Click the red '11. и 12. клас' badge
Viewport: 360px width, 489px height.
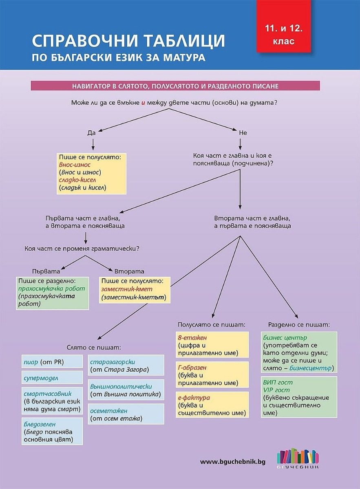283,26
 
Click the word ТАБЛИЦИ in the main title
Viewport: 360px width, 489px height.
184,41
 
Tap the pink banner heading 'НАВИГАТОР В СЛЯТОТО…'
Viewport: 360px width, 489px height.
175,86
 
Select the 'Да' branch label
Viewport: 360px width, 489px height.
91,133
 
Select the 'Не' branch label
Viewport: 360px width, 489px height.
243,133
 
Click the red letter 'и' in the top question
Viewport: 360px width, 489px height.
143,103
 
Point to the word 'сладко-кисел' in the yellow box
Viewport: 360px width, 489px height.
77,180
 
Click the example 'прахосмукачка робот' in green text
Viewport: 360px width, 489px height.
51,289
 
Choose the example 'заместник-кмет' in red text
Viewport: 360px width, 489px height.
127,289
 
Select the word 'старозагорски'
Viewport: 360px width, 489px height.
113,362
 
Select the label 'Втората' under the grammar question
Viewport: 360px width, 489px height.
129,271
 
